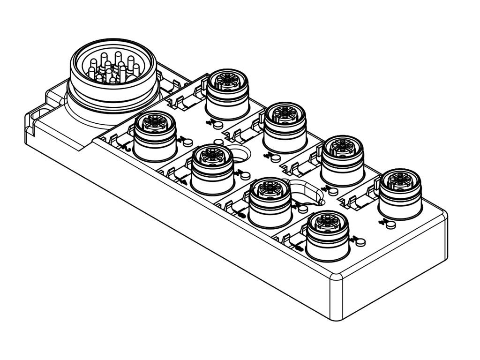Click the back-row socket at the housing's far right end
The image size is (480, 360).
pyautogui.click(x=400, y=193)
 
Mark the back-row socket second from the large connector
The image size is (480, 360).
pyautogui.click(x=285, y=127)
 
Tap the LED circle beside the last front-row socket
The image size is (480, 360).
pyautogui.click(x=360, y=242)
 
